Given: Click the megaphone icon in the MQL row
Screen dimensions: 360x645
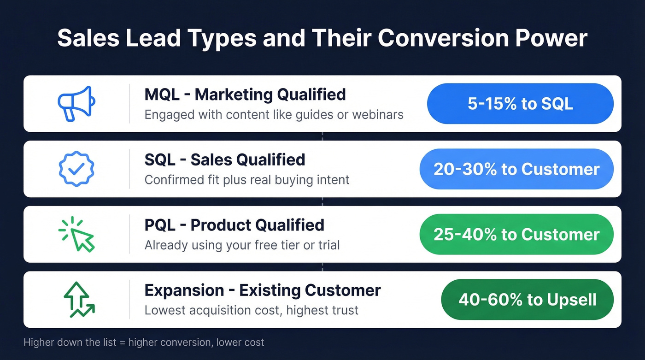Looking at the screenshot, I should (76, 103).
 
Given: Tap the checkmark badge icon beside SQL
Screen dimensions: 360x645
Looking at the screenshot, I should (76, 169).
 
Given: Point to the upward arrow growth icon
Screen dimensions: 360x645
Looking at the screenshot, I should (78, 300).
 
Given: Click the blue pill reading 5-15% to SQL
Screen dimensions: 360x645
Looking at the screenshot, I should (520, 104).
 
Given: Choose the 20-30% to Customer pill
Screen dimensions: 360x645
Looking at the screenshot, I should (516, 169).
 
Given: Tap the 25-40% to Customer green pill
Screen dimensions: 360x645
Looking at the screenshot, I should (516, 234).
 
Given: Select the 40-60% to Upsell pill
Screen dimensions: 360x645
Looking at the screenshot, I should (527, 300).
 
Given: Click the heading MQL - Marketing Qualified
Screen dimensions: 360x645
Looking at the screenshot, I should (245, 94).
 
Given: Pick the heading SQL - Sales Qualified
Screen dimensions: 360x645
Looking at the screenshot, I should (225, 160).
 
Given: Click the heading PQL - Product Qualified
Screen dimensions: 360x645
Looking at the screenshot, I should (234, 225).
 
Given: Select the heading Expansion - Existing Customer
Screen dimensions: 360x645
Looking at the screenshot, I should (263, 291).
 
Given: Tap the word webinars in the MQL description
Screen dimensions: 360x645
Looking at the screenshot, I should (377, 114).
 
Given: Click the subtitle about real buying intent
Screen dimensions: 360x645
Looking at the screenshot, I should (247, 180).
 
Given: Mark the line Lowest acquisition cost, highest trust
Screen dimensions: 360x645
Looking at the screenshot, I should (251, 311).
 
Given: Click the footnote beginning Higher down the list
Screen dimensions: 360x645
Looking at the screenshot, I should (144, 342).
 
